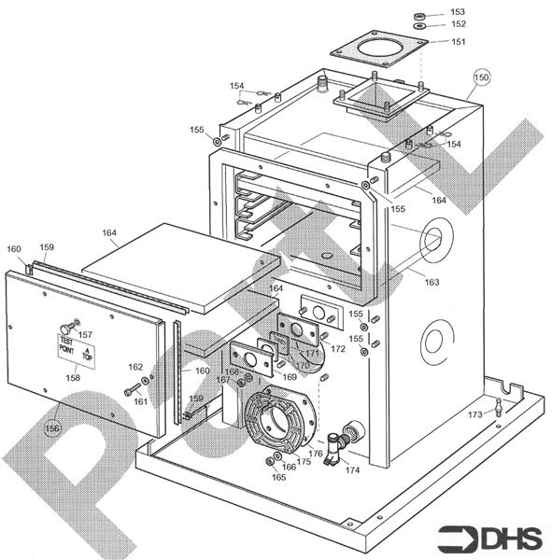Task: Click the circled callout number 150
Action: click(481, 77)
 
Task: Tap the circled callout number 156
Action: click(52, 428)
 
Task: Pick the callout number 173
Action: click(475, 413)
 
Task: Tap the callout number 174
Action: click(352, 469)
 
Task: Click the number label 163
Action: click(432, 281)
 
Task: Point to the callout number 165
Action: click(278, 477)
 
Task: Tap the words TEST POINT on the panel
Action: click(66, 345)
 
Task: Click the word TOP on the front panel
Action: click(89, 354)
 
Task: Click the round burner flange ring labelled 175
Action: click(277, 425)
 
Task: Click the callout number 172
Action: click(338, 348)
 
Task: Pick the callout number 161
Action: click(141, 401)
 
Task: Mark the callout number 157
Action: click(85, 334)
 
